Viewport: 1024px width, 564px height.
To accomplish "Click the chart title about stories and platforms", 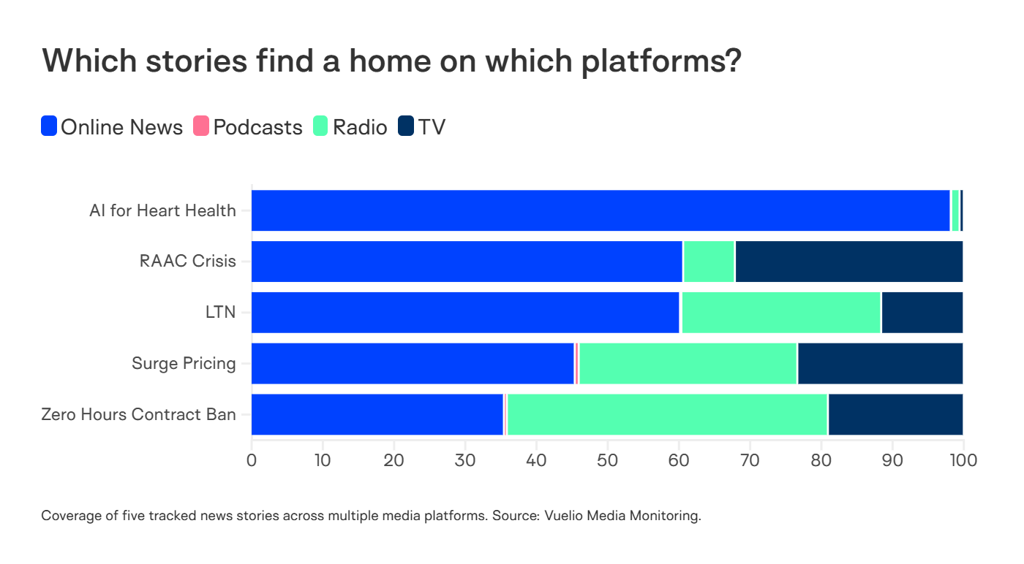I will click(x=391, y=61).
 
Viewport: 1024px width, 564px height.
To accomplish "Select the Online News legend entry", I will click(x=112, y=127).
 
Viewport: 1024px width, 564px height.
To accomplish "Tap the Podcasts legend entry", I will click(x=248, y=127).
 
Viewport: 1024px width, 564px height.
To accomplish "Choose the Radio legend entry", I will click(x=350, y=127).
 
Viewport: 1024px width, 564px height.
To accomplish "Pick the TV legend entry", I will click(x=422, y=127).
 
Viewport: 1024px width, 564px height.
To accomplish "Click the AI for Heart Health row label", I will click(x=162, y=210).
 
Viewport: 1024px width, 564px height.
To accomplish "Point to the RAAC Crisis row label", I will click(x=187, y=262).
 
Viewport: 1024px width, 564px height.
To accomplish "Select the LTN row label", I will click(x=220, y=313).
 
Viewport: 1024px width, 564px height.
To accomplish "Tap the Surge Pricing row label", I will click(x=184, y=363).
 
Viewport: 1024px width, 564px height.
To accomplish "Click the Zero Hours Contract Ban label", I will click(x=138, y=414).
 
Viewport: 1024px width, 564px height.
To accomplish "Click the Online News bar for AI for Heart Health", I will click(x=600, y=210).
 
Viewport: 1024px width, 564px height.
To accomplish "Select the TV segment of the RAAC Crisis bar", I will click(x=848, y=262).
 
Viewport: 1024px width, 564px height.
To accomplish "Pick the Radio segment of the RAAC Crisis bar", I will click(x=709, y=262).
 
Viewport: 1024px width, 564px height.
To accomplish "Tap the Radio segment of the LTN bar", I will click(x=780, y=313).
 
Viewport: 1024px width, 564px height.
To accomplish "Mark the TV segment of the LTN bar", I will click(x=922, y=313).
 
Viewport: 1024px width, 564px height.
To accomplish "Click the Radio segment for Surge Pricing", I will click(x=688, y=363).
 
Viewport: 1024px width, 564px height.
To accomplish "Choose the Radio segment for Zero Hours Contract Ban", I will click(x=667, y=414).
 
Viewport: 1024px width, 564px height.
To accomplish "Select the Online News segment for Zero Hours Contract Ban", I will click(x=377, y=414).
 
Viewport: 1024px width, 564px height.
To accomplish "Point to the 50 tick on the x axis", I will click(x=607, y=460).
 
